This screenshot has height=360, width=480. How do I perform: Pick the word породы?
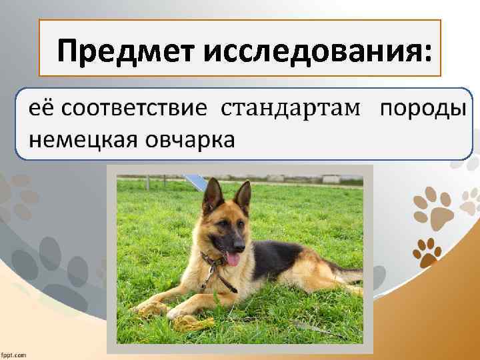421,108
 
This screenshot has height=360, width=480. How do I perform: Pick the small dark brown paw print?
428,251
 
